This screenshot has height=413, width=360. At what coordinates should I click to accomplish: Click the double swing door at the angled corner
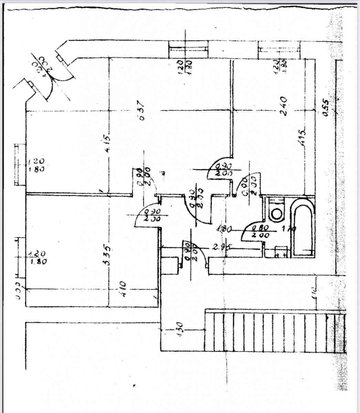click(x=52, y=79)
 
